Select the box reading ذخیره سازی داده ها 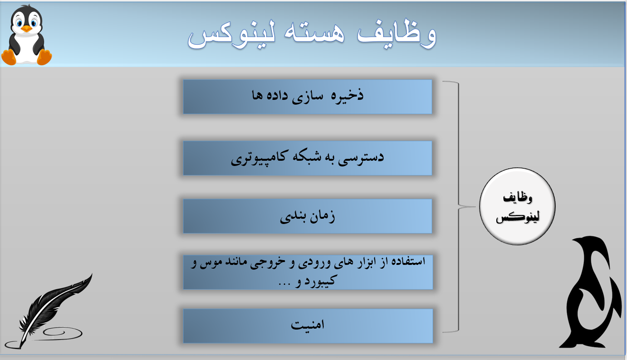point(308,97)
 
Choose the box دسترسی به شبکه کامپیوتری point(308,158)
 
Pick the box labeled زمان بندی point(308,216)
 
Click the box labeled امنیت point(308,326)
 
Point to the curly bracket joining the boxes point(457,206)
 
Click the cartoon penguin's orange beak point(27,29)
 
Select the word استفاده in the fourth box point(408,262)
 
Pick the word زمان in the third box point(323,217)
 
